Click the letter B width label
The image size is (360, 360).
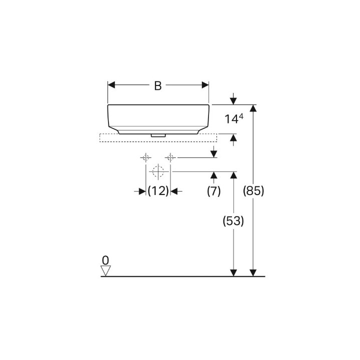[157, 85]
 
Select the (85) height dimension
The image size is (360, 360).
[253, 191]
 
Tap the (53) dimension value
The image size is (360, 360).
[233, 221]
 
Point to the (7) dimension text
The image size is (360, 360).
[214, 191]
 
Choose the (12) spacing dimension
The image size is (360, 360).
[158, 191]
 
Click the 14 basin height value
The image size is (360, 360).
[231, 119]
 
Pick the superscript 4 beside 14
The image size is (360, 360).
[241, 116]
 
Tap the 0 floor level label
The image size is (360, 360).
[105, 260]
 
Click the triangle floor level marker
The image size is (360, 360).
[106, 270]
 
